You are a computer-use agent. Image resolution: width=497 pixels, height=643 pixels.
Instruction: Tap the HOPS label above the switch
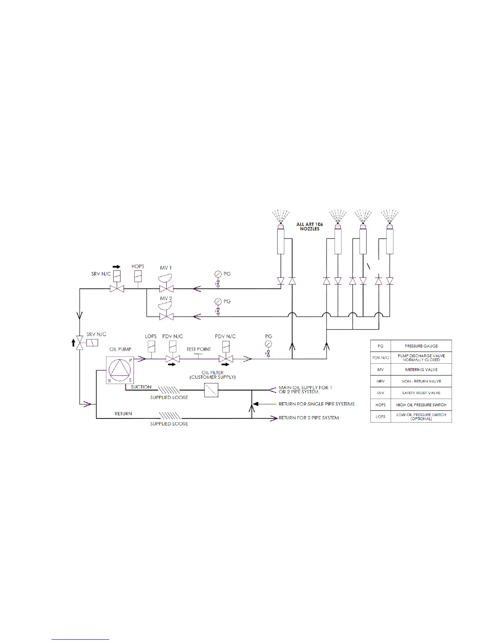138,266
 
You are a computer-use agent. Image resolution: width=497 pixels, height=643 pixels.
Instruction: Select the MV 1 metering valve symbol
166,284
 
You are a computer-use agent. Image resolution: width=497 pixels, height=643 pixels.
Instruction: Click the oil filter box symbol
211,390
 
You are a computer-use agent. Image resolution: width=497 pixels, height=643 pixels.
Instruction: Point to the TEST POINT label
199,349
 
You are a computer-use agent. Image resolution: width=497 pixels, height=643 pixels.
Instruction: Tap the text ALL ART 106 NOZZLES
310,227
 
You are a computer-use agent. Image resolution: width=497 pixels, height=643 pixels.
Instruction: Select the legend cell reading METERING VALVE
421,370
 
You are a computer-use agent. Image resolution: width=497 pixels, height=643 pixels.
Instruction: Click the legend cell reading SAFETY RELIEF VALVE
421,393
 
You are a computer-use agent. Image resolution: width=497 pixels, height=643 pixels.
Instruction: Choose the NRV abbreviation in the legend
380,381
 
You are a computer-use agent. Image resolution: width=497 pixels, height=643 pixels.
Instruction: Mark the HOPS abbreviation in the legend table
380,405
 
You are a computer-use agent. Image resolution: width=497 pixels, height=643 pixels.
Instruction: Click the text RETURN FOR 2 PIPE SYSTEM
309,418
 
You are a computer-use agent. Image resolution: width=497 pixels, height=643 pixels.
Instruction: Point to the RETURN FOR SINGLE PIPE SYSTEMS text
316,404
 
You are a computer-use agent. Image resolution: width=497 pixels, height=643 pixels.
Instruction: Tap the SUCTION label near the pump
141,387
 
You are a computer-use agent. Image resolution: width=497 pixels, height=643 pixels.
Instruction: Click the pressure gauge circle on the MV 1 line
218,274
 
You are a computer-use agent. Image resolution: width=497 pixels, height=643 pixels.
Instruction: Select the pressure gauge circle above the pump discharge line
268,344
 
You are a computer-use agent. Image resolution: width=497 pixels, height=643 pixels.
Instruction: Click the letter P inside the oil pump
131,360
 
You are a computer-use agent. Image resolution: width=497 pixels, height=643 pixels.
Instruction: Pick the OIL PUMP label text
120,349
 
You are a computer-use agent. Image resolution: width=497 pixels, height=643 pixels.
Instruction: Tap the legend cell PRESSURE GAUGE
421,346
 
